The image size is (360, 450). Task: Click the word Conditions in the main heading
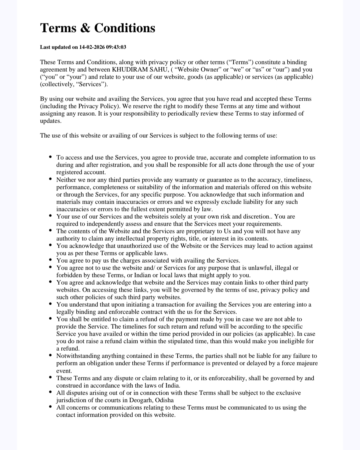125,28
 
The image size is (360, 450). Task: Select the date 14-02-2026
92,47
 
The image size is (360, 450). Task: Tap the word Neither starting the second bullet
66,180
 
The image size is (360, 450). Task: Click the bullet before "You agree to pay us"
50,260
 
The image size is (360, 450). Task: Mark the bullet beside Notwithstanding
50,356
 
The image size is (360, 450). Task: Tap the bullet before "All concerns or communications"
50,407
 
